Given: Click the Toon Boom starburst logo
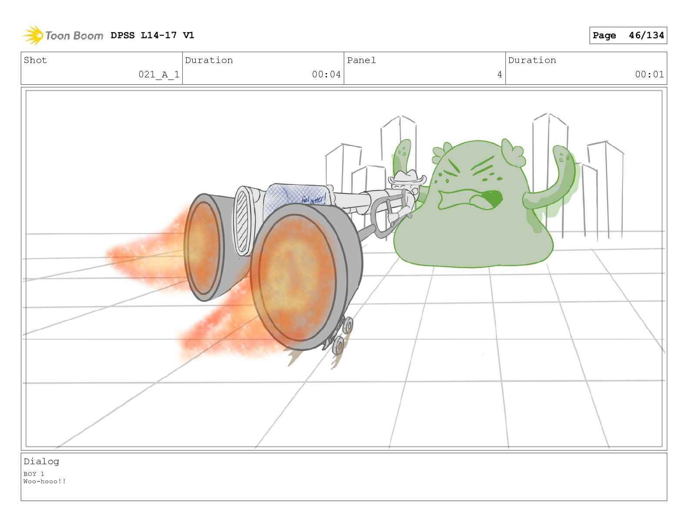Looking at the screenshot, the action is [x=33, y=35].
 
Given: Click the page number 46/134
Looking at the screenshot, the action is [x=646, y=35].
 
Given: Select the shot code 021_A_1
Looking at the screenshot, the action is [x=159, y=74].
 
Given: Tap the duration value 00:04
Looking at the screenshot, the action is [x=326, y=74].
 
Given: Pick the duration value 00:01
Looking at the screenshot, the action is [x=649, y=74].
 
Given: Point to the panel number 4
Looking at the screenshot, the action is [x=499, y=74].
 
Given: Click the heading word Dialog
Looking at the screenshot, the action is [x=41, y=462].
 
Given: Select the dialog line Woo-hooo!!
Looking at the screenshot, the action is [x=45, y=481].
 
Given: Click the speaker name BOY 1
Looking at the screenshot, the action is [x=34, y=474].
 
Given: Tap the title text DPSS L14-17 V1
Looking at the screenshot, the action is [x=152, y=35].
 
